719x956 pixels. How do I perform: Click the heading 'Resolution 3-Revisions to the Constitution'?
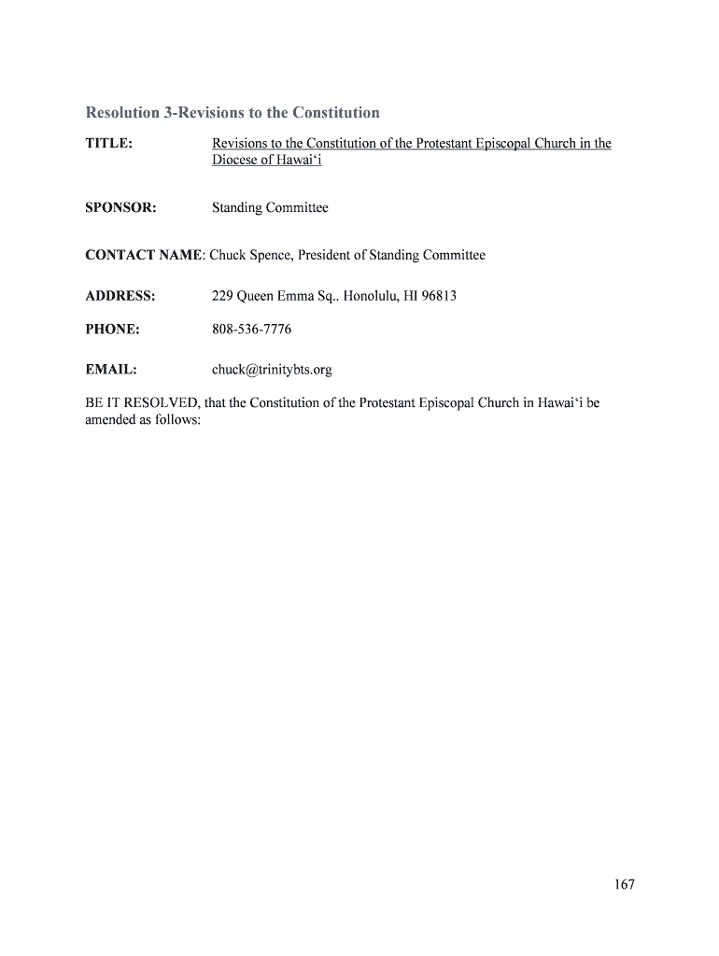pos(233,113)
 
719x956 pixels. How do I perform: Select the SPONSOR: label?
pos(120,208)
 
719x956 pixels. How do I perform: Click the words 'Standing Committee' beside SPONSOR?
pos(270,208)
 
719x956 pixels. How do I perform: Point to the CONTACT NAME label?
pos(144,255)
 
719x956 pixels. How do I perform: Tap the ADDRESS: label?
pos(120,297)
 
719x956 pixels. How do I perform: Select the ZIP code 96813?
pos(438,297)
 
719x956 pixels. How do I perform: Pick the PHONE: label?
pos(113,330)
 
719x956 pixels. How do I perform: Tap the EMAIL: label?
pos(111,370)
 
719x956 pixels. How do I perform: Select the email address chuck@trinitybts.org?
pos(272,370)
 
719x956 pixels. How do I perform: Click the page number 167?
pos(624,885)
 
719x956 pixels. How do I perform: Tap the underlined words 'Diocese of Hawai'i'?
pos(267,161)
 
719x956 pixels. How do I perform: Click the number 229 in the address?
pos(222,297)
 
